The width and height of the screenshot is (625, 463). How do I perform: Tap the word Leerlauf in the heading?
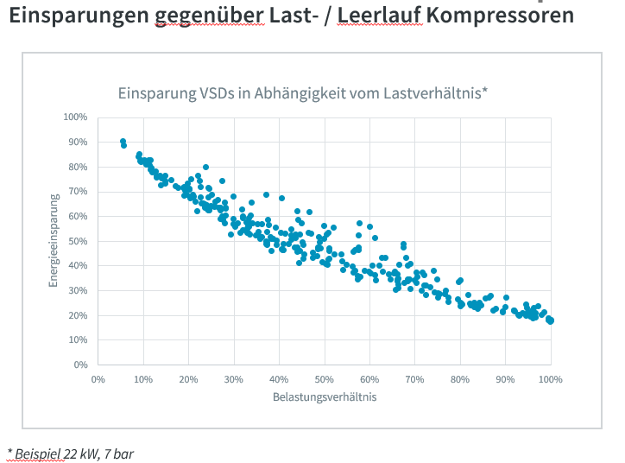pos(379,16)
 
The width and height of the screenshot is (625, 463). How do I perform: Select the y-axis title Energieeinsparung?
pos(54,240)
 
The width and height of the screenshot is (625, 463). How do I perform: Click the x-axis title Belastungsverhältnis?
pos(325,397)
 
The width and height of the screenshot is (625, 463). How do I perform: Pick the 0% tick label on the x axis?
pos(98,378)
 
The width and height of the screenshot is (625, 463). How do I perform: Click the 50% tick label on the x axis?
pos(325,378)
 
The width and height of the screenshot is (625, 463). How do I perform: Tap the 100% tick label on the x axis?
pos(551,378)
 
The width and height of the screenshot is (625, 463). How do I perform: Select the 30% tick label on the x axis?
pos(234,378)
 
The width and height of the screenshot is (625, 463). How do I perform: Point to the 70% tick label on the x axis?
pos(415,378)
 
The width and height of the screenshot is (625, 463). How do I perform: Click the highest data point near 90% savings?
pos(123,141)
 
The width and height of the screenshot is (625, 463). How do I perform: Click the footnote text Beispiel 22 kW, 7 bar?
pos(71,453)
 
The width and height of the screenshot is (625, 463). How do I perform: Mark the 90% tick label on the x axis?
pos(506,378)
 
